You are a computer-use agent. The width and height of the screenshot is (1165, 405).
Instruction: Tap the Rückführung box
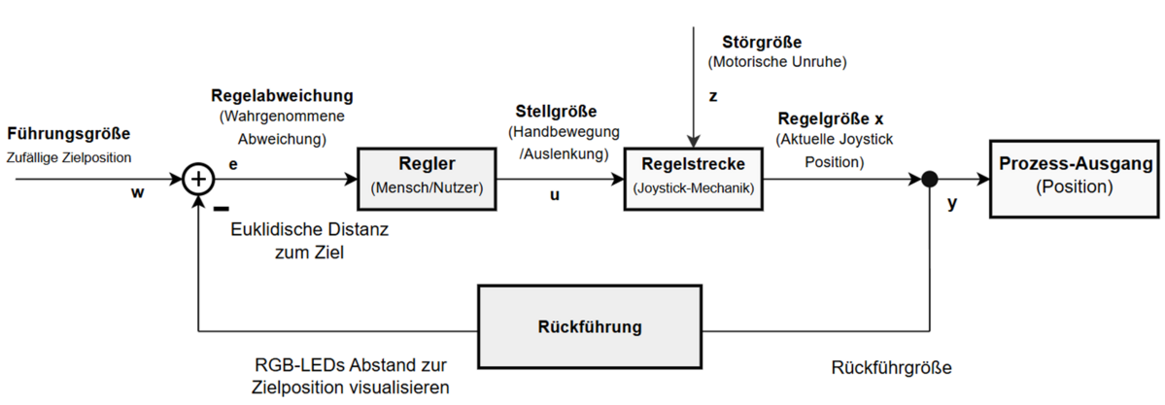(589, 325)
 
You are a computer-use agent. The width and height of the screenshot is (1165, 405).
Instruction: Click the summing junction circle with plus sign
(198, 179)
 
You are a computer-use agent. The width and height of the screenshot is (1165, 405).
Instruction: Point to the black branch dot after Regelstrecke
(930, 179)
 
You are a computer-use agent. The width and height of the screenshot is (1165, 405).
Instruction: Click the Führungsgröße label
(68, 134)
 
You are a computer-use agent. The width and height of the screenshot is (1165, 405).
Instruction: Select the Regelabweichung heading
(282, 97)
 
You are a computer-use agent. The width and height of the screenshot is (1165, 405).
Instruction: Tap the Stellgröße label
(556, 112)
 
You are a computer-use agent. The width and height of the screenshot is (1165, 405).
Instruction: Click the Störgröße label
(762, 43)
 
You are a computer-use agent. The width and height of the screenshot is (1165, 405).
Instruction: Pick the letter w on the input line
(137, 194)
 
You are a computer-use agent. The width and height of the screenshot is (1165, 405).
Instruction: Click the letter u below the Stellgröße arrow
(555, 195)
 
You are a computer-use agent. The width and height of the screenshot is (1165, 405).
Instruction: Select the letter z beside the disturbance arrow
(711, 98)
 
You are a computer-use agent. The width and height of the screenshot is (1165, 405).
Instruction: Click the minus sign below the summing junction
(221, 207)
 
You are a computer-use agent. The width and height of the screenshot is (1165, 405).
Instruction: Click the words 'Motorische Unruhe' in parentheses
(776, 63)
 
